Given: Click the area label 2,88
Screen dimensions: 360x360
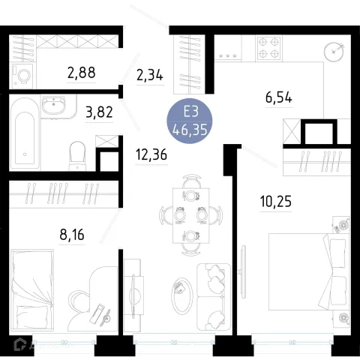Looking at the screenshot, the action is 82,72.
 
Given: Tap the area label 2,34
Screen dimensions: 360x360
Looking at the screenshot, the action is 150,75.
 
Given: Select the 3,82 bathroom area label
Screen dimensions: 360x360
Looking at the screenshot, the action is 99,112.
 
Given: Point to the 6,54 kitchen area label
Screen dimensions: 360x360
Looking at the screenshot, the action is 279,97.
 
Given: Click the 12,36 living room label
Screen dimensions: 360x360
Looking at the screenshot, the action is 151,154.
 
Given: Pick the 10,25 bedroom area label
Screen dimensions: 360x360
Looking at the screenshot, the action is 276,201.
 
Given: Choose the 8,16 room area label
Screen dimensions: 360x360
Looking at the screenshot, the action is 72,235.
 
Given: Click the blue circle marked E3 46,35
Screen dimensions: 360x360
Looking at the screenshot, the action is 190,121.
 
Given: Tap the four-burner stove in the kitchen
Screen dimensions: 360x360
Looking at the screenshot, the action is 268,48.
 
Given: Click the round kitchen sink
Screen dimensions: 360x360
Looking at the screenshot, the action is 334,52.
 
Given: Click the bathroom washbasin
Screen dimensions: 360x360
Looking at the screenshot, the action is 53,105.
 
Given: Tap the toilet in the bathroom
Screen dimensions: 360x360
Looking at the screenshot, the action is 77,156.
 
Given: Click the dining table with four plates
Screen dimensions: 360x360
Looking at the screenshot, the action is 191,215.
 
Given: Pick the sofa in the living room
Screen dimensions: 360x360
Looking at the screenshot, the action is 214,297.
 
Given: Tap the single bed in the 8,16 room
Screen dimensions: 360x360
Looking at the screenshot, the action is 32,290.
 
